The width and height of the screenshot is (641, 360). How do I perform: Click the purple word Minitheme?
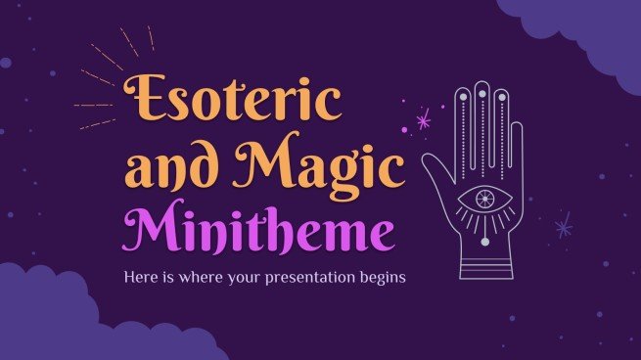point(259,231)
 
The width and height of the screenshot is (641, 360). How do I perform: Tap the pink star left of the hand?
point(424,121)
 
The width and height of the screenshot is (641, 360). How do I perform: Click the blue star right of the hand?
point(564,228)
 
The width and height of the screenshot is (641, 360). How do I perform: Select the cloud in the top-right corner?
point(587,29)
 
